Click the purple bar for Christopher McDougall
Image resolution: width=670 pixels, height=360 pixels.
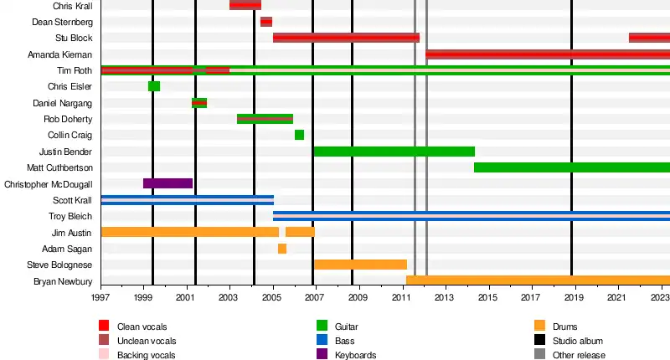tap(167, 183)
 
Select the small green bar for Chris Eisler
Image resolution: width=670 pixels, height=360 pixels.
tap(154, 86)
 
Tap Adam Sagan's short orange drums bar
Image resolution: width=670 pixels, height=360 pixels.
tap(282, 249)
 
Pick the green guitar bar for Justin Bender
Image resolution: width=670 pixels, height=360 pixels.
tap(394, 152)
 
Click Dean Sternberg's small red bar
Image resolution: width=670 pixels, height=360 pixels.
tap(266, 22)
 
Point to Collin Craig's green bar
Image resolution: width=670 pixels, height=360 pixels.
tap(299, 135)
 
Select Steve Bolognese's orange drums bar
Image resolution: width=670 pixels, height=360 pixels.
tap(360, 265)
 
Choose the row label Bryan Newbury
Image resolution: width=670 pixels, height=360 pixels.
tap(63, 281)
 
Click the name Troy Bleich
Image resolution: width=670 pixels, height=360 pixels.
tap(70, 216)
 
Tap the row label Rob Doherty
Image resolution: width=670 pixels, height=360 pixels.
tap(68, 119)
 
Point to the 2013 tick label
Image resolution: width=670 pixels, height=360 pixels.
tap(444, 298)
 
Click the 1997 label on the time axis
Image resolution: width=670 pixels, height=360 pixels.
tap(100, 298)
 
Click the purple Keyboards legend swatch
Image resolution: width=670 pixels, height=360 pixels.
tap(322, 355)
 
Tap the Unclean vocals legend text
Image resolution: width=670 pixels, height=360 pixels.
tap(147, 341)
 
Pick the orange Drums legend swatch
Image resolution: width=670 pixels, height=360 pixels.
tap(539, 327)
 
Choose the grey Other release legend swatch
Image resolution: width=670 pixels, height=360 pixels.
tap(539, 355)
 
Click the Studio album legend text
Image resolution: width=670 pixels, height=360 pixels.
tap(578, 341)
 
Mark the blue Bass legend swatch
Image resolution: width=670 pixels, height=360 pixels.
tap(322, 341)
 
